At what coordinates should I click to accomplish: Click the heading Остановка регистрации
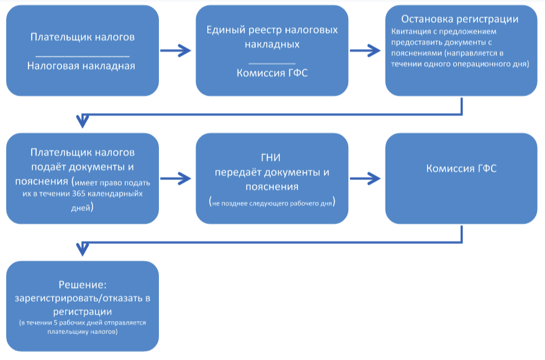point(460,19)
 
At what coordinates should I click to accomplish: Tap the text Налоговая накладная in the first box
point(81,66)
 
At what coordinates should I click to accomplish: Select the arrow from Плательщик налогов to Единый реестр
point(178,51)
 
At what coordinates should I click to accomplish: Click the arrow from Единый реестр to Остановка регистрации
point(366,51)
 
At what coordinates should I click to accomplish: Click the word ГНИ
point(271,159)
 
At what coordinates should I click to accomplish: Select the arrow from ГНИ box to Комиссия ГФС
point(366,179)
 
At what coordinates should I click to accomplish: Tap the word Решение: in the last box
point(83,285)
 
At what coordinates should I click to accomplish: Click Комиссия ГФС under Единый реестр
point(272,73)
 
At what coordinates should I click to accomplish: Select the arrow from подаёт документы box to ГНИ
point(178,179)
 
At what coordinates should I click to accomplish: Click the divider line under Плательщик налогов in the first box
point(82,56)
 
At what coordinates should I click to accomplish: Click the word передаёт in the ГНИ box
point(236,172)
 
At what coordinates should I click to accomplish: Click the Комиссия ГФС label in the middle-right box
point(461,169)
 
